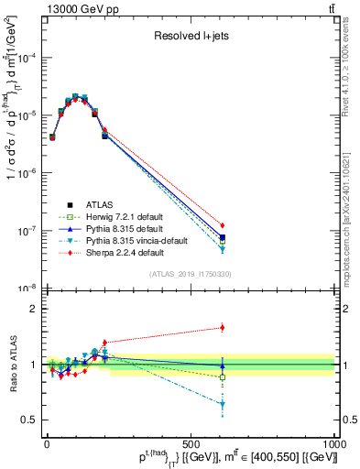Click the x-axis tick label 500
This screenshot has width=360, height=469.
191,442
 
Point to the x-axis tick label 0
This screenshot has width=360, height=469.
47,442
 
